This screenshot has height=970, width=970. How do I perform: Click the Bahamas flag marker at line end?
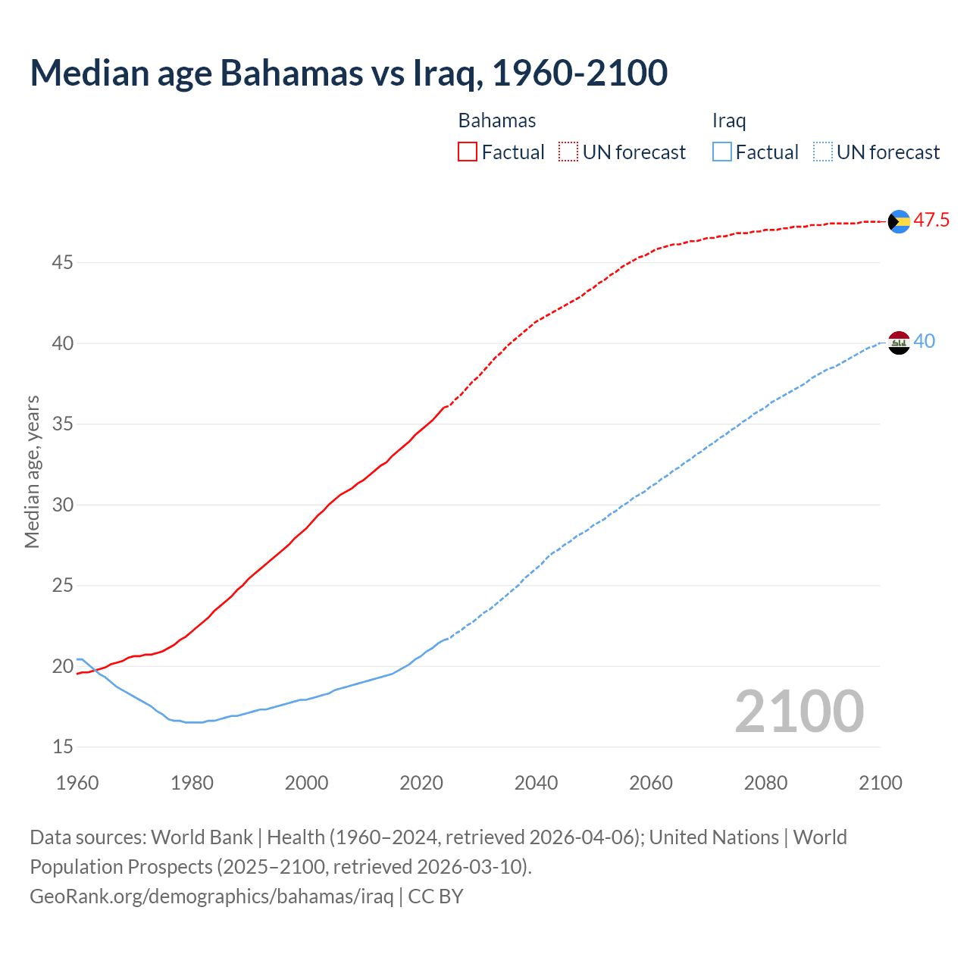point(899,221)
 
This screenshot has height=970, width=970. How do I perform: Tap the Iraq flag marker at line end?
point(899,343)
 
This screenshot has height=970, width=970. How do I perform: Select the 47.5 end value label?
point(931,221)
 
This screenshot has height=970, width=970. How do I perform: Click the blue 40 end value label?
point(925,342)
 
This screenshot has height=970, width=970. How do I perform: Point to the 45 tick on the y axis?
point(62,263)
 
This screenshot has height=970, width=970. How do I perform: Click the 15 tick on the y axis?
point(62,747)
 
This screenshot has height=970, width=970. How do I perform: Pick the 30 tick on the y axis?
point(62,505)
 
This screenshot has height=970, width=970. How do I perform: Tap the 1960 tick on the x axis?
point(77,783)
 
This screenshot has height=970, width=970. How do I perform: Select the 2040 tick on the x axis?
point(536,783)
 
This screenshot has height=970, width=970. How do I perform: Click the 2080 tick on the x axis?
point(765,783)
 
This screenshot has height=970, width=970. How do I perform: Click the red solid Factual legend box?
point(468,152)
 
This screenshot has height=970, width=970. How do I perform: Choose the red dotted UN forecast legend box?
point(568,152)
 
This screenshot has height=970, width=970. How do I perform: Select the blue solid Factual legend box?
point(722,152)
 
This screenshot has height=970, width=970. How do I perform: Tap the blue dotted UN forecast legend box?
point(822,152)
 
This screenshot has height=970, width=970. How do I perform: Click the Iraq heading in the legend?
point(729,120)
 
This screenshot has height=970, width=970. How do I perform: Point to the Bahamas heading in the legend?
point(497,120)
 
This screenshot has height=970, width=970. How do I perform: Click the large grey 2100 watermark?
point(799,712)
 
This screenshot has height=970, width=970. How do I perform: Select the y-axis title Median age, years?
point(32,471)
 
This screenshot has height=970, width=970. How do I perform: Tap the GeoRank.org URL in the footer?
point(211,896)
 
